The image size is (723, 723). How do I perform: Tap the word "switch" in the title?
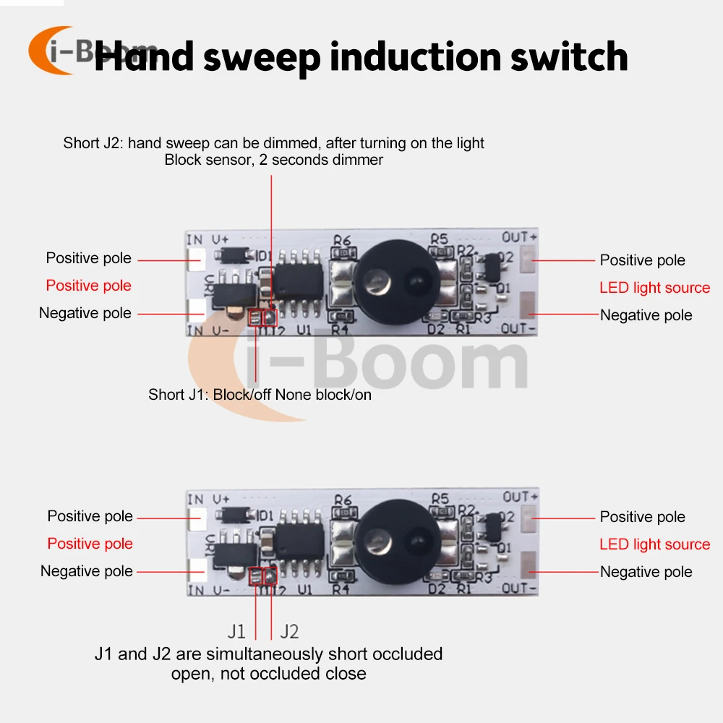coord(569,56)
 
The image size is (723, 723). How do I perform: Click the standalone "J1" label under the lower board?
coord(236,631)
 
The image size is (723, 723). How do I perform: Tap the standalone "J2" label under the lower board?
coord(289,631)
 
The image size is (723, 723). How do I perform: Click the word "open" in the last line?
coord(189,674)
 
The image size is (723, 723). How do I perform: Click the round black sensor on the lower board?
coord(398,535)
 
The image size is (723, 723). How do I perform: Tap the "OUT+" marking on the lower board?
coord(521,497)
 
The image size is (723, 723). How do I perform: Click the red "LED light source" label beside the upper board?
coord(654,288)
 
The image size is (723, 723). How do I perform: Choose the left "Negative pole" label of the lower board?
coord(87,571)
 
